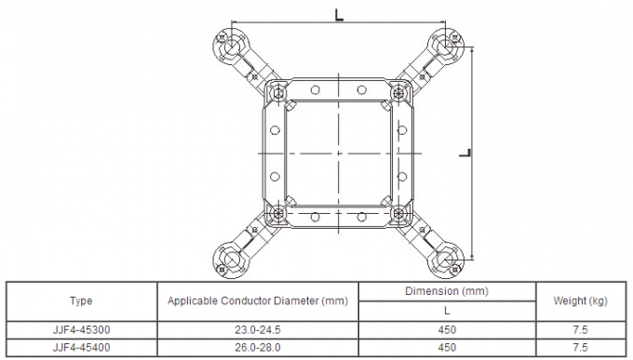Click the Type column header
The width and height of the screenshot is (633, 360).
(81, 301)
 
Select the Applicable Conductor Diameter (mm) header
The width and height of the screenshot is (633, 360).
(258, 301)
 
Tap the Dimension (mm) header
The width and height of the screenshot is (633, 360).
(447, 291)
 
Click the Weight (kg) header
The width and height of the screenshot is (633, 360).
(582, 301)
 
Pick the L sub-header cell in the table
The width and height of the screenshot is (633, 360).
(447, 311)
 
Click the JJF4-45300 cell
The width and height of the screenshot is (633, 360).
(81, 329)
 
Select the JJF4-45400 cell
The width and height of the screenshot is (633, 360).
(81, 347)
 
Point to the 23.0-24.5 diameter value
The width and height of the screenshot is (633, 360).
(258, 329)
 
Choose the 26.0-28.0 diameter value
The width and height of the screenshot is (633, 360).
(258, 347)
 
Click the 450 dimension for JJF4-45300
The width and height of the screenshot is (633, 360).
(447, 329)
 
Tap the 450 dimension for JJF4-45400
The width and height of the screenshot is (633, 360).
(447, 347)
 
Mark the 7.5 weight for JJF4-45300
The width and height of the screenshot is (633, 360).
(582, 329)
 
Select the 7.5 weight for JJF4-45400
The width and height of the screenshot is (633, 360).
(582, 347)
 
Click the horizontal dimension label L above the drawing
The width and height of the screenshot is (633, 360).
(341, 13)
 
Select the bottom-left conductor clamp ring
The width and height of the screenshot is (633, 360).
(230, 258)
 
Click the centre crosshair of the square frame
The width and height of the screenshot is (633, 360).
(339, 151)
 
